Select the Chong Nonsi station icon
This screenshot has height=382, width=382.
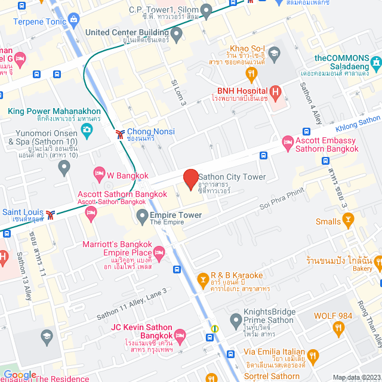[120, 132]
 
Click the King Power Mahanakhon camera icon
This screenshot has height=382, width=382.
[87, 129]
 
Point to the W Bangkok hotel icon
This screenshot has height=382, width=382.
[100, 174]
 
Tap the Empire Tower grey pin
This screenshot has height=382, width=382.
[142, 215]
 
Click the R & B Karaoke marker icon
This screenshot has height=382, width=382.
[204, 279]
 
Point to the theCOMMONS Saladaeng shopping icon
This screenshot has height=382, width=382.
[375, 61]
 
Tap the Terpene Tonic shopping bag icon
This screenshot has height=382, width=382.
[73, 20]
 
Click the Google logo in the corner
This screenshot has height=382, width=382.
[20, 374]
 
